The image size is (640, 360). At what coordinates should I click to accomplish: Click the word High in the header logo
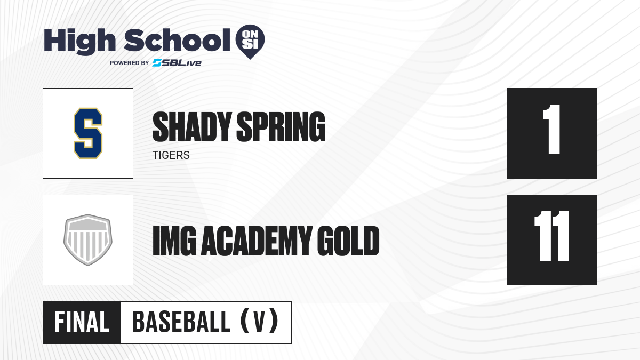click(x=79, y=42)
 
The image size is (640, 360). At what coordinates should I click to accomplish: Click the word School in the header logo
click(x=177, y=40)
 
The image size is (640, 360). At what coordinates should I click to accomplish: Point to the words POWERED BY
click(x=130, y=63)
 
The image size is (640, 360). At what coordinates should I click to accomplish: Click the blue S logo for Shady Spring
click(x=88, y=133)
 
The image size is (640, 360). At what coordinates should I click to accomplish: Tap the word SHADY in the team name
click(x=192, y=127)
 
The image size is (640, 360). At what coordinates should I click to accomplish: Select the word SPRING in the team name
click(x=281, y=127)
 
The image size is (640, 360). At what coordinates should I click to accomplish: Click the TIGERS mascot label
click(x=171, y=155)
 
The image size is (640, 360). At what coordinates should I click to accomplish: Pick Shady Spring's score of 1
click(x=552, y=130)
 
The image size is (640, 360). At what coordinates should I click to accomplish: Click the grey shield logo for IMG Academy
click(x=88, y=239)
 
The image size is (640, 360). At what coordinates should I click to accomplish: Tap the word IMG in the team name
click(x=174, y=241)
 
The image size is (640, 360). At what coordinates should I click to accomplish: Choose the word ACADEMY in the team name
click(x=257, y=241)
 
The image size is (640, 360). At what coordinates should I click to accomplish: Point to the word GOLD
click(x=348, y=241)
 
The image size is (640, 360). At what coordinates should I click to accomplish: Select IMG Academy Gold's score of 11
click(x=552, y=236)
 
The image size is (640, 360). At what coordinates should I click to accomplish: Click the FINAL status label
click(x=82, y=322)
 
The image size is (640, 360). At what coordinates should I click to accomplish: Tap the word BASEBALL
click(x=181, y=322)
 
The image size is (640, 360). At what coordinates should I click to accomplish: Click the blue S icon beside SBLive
click(x=157, y=63)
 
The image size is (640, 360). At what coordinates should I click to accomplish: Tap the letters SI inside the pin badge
click(x=250, y=44)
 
